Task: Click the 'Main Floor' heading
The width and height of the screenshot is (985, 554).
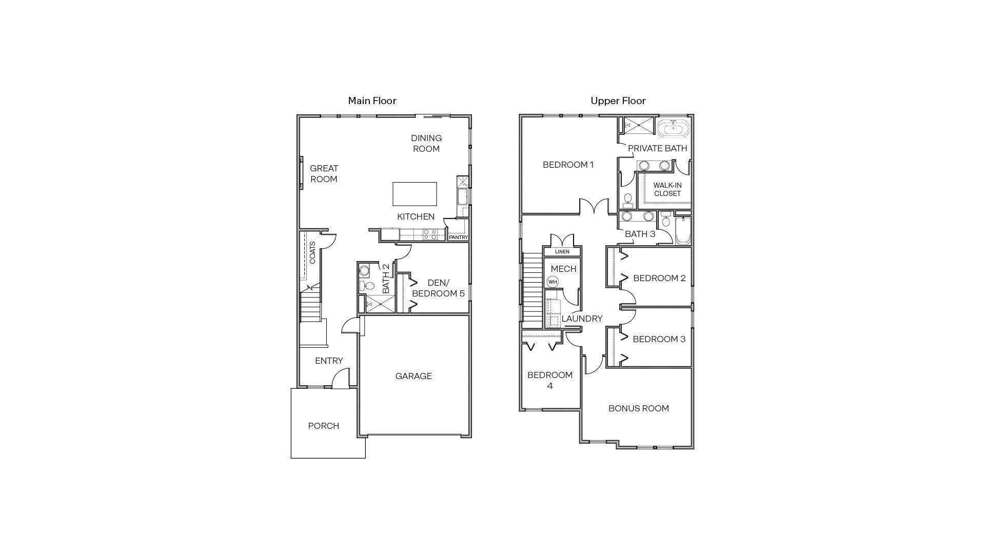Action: (x=372, y=101)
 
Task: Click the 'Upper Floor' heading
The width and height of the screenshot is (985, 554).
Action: (x=618, y=101)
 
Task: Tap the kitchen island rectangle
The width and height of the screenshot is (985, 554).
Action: (x=415, y=194)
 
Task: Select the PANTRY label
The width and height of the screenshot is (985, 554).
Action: (x=458, y=238)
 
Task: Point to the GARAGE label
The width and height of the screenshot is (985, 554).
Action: (x=413, y=376)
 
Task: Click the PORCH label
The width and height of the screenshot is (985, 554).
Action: (x=323, y=426)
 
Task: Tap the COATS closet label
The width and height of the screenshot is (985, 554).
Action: (x=312, y=253)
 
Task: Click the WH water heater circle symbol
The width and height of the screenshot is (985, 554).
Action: (x=552, y=282)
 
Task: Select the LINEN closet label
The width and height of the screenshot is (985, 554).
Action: (x=562, y=252)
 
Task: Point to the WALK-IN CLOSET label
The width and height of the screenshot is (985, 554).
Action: (x=667, y=189)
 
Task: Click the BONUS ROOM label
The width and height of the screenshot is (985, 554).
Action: (x=638, y=408)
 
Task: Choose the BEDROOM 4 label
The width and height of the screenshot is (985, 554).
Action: (x=549, y=380)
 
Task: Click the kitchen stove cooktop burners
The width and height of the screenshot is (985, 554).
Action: (x=430, y=234)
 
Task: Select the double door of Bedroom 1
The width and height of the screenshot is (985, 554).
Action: (x=594, y=206)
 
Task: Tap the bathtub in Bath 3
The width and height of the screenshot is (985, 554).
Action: (x=683, y=232)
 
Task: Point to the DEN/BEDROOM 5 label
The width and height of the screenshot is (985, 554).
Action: (x=438, y=288)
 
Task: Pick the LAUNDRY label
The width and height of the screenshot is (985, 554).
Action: (x=582, y=319)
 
